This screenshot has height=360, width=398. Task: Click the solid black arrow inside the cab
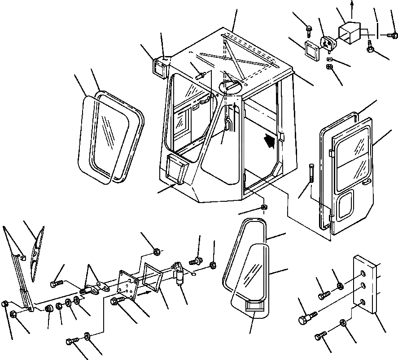point(269,141)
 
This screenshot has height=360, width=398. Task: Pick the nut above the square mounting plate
point(157,252)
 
